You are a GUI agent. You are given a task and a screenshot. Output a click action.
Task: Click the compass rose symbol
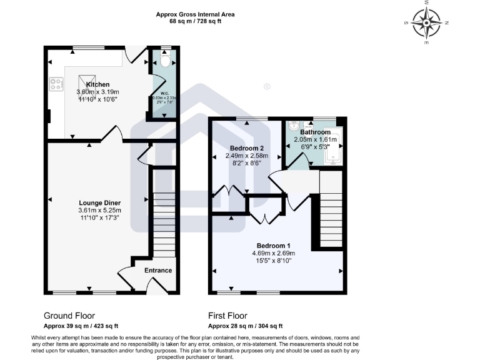pyautogui.click(x=428, y=23)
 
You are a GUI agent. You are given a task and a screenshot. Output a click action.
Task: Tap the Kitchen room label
pyautogui.click(x=98, y=84)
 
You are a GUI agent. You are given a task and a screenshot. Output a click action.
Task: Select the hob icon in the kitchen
pyautogui.click(x=55, y=84)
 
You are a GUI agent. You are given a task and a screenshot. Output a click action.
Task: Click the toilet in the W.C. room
pyautogui.click(x=164, y=61)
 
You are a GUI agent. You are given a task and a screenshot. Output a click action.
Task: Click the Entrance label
pyautogui.click(x=158, y=270)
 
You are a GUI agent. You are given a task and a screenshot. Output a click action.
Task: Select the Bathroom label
pyautogui.click(x=315, y=132)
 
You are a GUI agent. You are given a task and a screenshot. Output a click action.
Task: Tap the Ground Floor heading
pyautogui.click(x=69, y=316)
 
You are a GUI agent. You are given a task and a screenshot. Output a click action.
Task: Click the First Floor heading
pyautogui.click(x=227, y=316)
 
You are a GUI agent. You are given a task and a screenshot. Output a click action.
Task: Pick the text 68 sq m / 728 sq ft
pyautogui.click(x=196, y=21)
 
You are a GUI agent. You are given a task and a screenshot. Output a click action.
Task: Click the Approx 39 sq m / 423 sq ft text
pyautogui.click(x=81, y=326)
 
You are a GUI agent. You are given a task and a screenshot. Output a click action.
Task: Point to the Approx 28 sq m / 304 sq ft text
pyautogui.click(x=245, y=326)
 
